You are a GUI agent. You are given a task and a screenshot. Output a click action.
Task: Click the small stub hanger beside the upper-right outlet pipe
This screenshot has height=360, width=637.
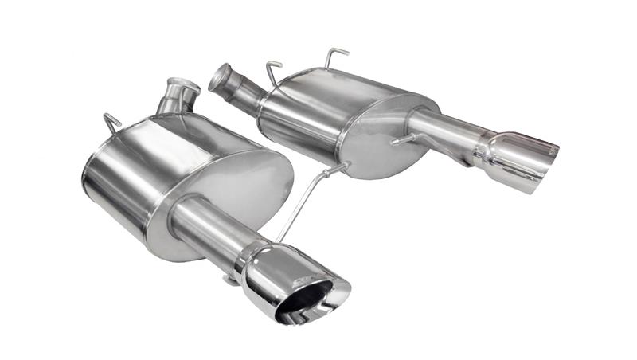[x=403, y=141]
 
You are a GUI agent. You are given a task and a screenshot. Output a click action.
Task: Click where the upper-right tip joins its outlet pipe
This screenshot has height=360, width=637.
[x=483, y=147]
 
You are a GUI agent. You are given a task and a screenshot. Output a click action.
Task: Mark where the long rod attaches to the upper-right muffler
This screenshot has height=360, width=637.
[x=344, y=166]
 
